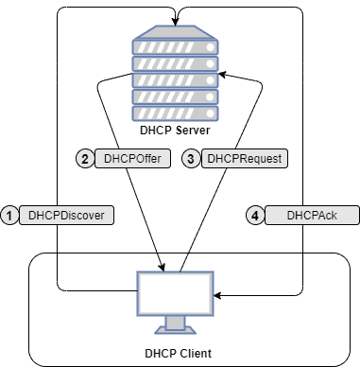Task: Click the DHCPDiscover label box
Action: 66,216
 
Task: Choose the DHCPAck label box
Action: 312,216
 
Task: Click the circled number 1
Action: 9,216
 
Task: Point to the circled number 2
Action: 84,159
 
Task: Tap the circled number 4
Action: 254,216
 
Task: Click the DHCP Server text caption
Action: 174,130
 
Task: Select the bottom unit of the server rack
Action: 174,109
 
